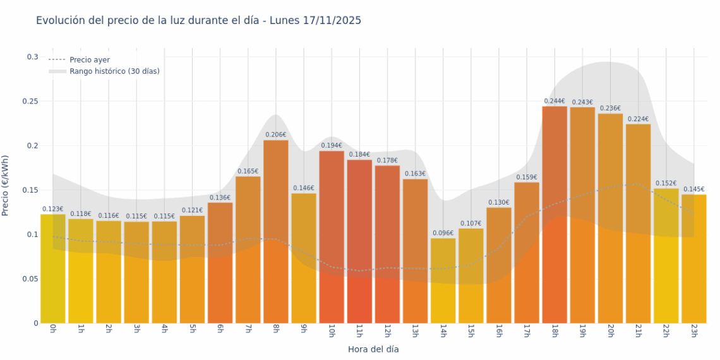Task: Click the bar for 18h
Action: coord(555,215)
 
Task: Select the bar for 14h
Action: coord(443,280)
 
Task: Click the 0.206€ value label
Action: coord(276,135)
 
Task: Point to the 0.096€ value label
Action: coord(443,233)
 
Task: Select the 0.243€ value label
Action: coord(582,102)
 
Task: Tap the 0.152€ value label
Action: coord(666,183)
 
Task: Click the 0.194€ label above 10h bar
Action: coord(332,146)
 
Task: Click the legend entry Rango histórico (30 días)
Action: coord(114,71)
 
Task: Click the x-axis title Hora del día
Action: coord(373,349)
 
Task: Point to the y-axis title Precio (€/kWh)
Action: coord(6,186)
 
